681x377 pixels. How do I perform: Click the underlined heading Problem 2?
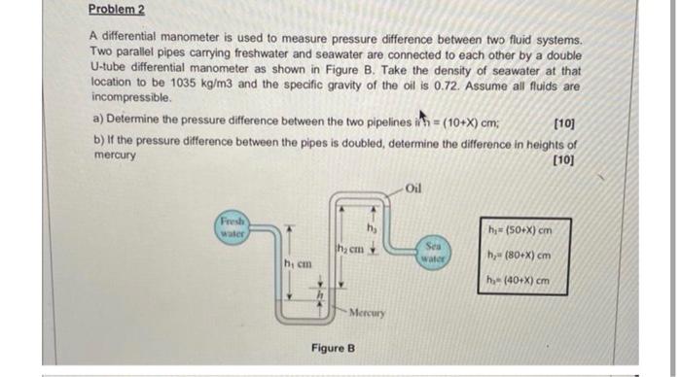pos(114,10)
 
